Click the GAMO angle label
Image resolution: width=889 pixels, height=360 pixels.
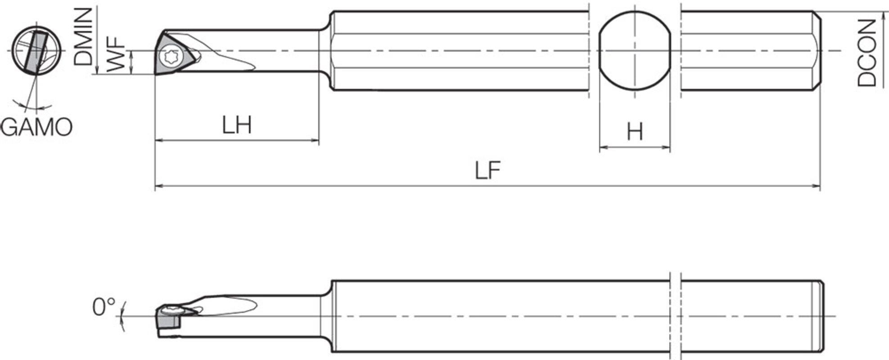pos(36,127)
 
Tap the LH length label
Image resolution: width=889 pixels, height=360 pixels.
pos(236,125)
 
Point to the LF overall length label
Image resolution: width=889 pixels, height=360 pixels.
pos(487,171)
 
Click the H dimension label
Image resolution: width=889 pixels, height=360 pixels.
pos(635,132)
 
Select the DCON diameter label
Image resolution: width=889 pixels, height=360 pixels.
pos(866,53)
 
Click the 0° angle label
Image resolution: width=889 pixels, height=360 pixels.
pos(104,308)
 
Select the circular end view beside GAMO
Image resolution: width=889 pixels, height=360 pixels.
pos(34,51)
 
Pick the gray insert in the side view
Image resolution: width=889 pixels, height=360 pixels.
pos(168,321)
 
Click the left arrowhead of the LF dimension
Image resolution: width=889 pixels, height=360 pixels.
pos(158,185)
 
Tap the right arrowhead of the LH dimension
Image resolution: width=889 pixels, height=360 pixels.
pos(316,141)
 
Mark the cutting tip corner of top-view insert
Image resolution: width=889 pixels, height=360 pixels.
pos(156,74)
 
